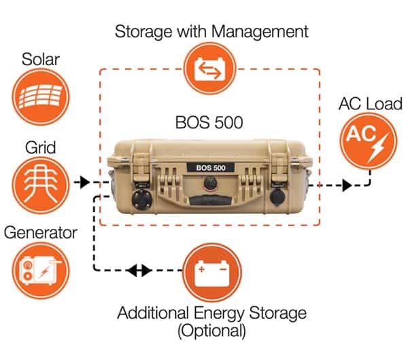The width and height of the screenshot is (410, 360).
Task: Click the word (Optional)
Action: click(211, 331)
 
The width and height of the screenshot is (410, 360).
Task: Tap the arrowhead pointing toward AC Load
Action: click(346, 184)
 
